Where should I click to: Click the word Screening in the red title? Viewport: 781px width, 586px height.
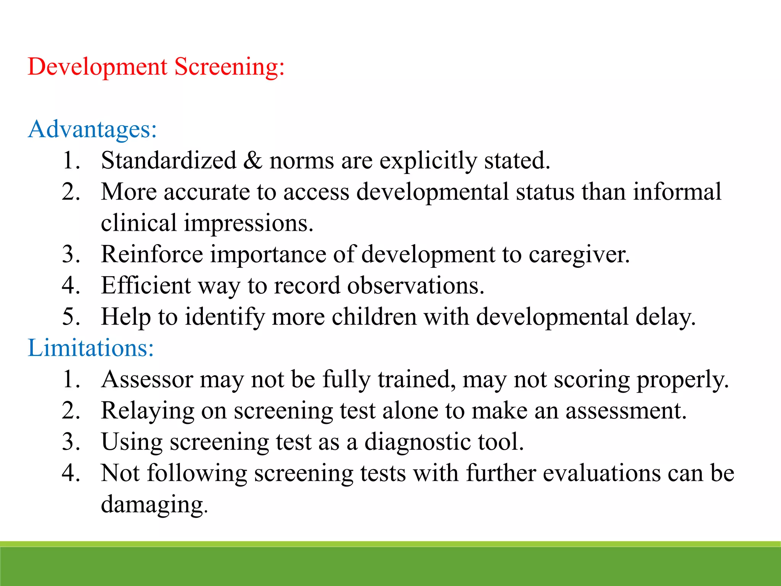(229, 68)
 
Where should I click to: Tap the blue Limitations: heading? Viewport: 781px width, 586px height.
(91, 348)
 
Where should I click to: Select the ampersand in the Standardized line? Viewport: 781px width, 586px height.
(252, 160)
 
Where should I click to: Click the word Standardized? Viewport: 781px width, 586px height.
(169, 160)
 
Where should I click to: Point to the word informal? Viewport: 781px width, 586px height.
(677, 192)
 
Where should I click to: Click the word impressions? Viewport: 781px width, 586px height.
(249, 223)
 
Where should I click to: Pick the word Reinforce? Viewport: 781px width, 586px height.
(152, 254)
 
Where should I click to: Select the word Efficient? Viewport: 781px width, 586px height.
(146, 285)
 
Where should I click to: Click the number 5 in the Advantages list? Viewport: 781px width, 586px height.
(71, 317)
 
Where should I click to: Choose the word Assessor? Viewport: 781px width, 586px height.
(147, 380)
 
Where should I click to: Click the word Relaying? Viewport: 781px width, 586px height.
(148, 411)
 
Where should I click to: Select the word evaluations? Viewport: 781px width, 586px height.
(601, 473)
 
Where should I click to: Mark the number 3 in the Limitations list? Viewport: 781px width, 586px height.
(71, 442)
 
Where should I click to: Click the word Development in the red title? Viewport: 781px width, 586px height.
(98, 68)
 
